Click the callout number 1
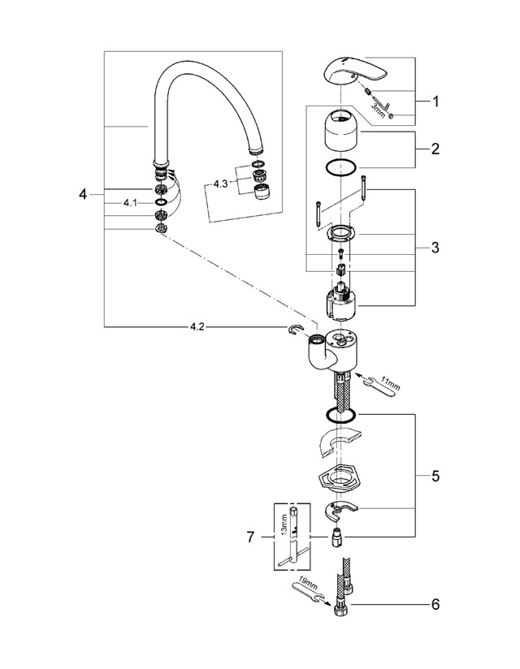coord(435,101)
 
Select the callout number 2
coord(435,149)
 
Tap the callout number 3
coord(435,248)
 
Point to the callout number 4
coord(82,195)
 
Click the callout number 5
coord(435,476)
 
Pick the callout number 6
coord(435,605)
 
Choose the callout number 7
coord(250,537)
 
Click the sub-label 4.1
coord(130,203)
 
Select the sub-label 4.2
coord(197,327)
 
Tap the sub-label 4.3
coord(221,183)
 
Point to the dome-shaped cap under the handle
coord(341,130)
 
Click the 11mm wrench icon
coord(381,383)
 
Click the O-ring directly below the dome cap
coord(340,168)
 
